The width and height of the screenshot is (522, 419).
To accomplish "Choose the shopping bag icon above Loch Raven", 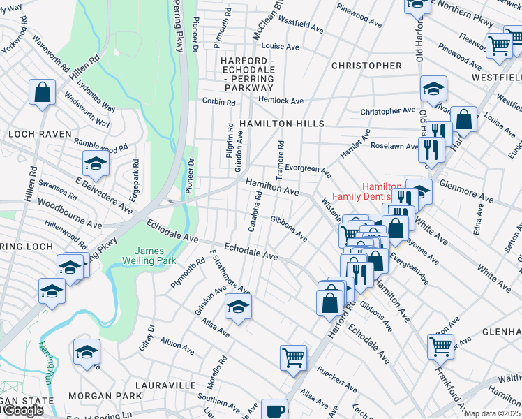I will coord(42,92).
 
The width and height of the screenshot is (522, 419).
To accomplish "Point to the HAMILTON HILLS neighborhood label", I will coord(281,124).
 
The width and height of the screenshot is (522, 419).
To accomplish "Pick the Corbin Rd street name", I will coord(219,102).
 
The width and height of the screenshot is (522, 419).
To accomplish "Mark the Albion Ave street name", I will coord(177,344).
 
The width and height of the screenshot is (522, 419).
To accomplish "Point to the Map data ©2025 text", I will coord(491,413).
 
